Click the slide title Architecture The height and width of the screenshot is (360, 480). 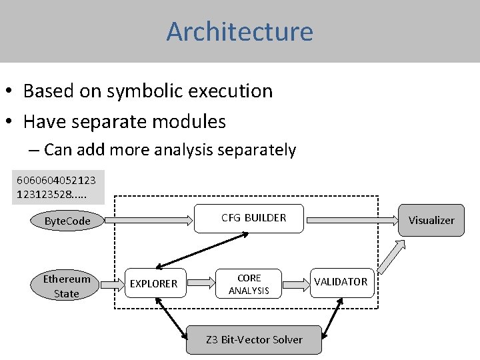(239, 31)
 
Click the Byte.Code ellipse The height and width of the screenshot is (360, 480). (67, 221)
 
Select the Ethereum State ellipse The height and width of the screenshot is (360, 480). (66, 286)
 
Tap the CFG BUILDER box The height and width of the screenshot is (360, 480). (253, 218)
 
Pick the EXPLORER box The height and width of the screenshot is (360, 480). (153, 283)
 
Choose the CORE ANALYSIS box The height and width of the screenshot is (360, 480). (249, 284)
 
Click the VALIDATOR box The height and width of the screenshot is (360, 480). (341, 282)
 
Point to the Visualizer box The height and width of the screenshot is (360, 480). (431, 220)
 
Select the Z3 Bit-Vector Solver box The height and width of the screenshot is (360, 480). (254, 339)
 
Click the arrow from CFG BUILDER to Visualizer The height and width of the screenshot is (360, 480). (353, 218)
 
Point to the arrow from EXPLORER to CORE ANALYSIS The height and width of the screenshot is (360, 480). (197, 283)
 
